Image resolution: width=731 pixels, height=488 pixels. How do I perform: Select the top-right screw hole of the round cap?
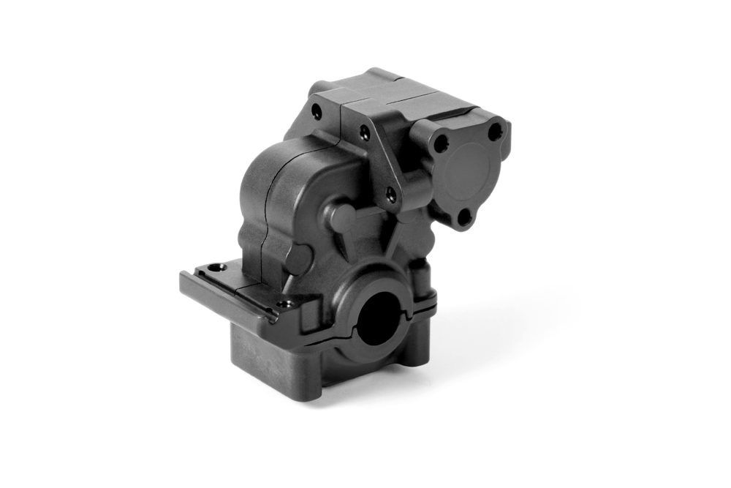(x=495, y=133)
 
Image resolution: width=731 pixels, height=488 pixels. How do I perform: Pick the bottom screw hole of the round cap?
(x=463, y=216)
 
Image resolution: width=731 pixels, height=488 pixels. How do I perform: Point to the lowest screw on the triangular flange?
(x=391, y=194)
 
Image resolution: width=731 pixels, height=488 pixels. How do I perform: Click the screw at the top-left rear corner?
(x=316, y=112)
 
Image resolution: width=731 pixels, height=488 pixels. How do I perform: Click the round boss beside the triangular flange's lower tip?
(x=341, y=217)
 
